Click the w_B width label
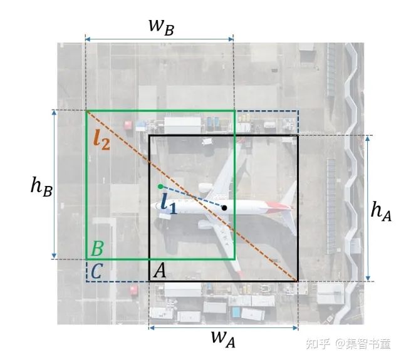[160, 26]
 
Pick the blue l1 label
[167, 204]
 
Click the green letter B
[97, 249]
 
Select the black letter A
[160, 270]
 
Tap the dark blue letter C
[96, 271]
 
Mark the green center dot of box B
[160, 186]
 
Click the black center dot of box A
[224, 207]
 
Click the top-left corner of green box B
[86, 111]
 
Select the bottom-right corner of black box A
[298, 280]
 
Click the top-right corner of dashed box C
[298, 111]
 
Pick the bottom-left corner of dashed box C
[86, 280]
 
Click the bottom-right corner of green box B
[234, 259]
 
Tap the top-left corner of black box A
[149, 135]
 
